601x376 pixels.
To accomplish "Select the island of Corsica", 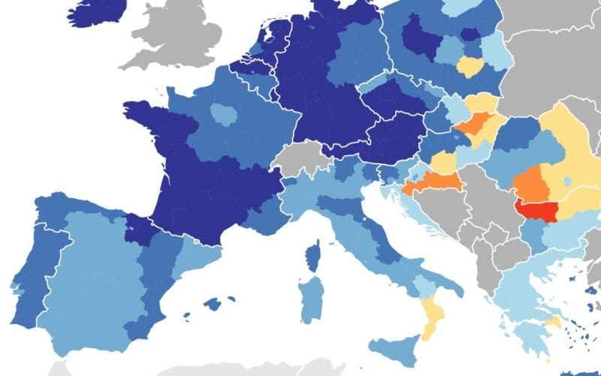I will click(x=313, y=256).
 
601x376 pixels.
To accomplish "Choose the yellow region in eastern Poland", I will click(x=472, y=68).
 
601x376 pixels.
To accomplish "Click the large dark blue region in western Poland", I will click(x=418, y=38).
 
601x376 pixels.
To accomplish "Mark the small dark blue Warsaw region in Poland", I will click(x=470, y=35).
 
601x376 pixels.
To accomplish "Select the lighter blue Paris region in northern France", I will click(x=223, y=114).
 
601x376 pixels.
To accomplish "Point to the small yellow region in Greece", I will click(x=554, y=323).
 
